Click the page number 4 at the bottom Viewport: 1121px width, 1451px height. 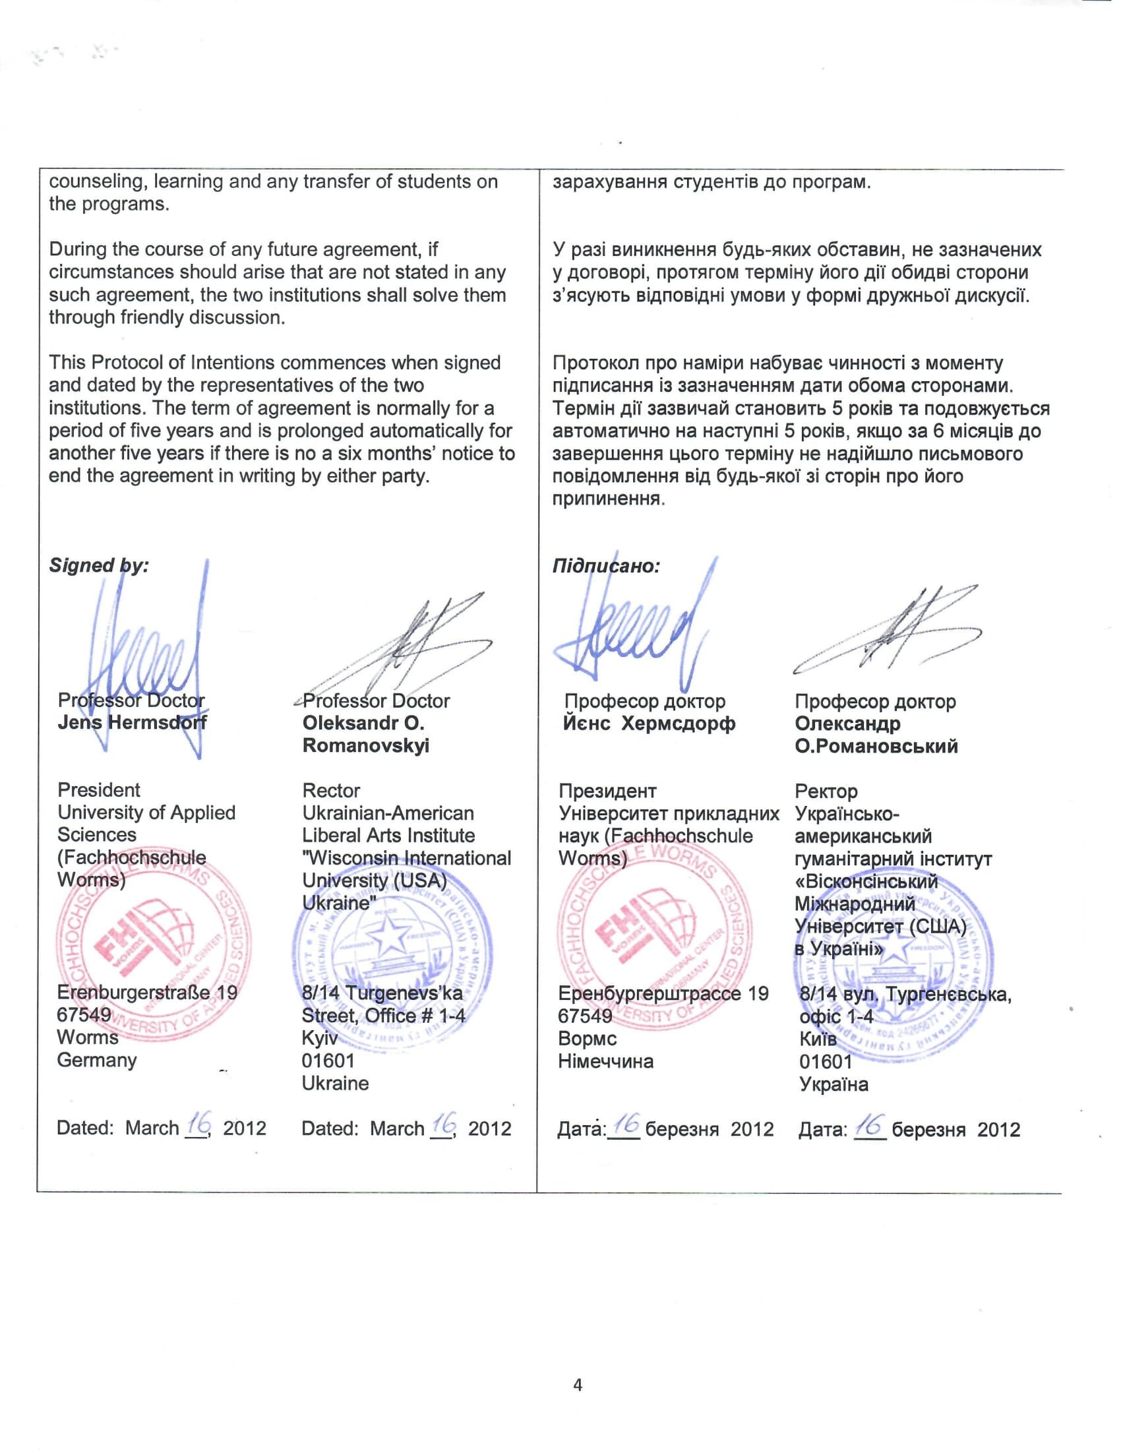pyautogui.click(x=577, y=1385)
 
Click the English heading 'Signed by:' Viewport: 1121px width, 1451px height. pyautogui.click(x=98, y=565)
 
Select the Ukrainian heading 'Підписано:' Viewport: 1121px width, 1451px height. pyautogui.click(x=605, y=566)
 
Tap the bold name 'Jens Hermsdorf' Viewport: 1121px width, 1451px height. pyautogui.click(x=131, y=722)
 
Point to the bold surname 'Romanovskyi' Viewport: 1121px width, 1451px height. pyautogui.click(x=365, y=745)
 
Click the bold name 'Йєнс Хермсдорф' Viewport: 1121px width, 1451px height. pyautogui.click(x=649, y=723)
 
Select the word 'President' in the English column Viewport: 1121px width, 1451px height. pyautogui.click(x=98, y=790)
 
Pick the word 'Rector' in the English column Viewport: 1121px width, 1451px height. pyautogui.click(x=331, y=791)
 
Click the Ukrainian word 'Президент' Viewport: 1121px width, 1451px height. pyautogui.click(x=607, y=791)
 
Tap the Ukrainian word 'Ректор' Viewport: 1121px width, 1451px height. pyautogui.click(x=826, y=791)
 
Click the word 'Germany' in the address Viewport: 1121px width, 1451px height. pyautogui.click(x=96, y=1060)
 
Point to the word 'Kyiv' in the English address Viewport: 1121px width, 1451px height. pyautogui.click(x=319, y=1037)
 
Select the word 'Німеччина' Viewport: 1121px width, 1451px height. pyautogui.click(x=605, y=1061)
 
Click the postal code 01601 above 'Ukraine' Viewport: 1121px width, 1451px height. pyautogui.click(x=328, y=1061)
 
